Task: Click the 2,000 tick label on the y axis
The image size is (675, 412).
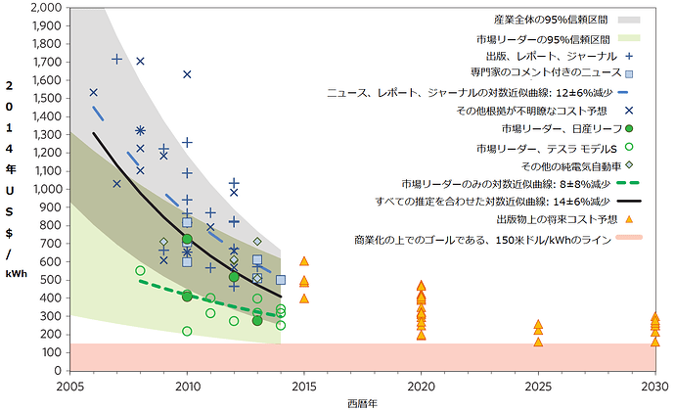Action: click(x=47, y=7)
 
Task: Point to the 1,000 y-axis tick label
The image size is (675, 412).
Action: click(x=47, y=189)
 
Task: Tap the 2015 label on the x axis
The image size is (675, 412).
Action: click(x=304, y=387)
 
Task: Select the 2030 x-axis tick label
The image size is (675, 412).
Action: click(x=655, y=387)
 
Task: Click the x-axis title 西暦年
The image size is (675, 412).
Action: click(x=362, y=404)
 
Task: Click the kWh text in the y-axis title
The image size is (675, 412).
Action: click(x=17, y=273)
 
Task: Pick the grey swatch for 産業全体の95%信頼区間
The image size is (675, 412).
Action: click(x=629, y=20)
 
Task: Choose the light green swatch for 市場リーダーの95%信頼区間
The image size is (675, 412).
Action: click(x=629, y=38)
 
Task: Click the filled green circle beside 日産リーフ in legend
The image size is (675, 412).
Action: click(x=629, y=129)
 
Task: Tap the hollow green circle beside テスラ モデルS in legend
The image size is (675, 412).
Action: click(x=629, y=147)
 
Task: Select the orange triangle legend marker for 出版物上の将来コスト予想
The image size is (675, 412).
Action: click(x=629, y=219)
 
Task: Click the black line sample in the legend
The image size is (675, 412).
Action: click(x=629, y=201)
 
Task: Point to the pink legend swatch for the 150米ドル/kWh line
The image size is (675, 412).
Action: click(x=629, y=237)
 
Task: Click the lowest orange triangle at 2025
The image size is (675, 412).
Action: click(x=538, y=343)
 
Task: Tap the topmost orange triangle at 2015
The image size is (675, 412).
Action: click(x=304, y=261)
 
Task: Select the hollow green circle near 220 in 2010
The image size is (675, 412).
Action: click(x=187, y=331)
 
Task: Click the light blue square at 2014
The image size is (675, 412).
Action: click(x=281, y=280)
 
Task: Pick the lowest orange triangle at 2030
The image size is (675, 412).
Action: click(x=655, y=343)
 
